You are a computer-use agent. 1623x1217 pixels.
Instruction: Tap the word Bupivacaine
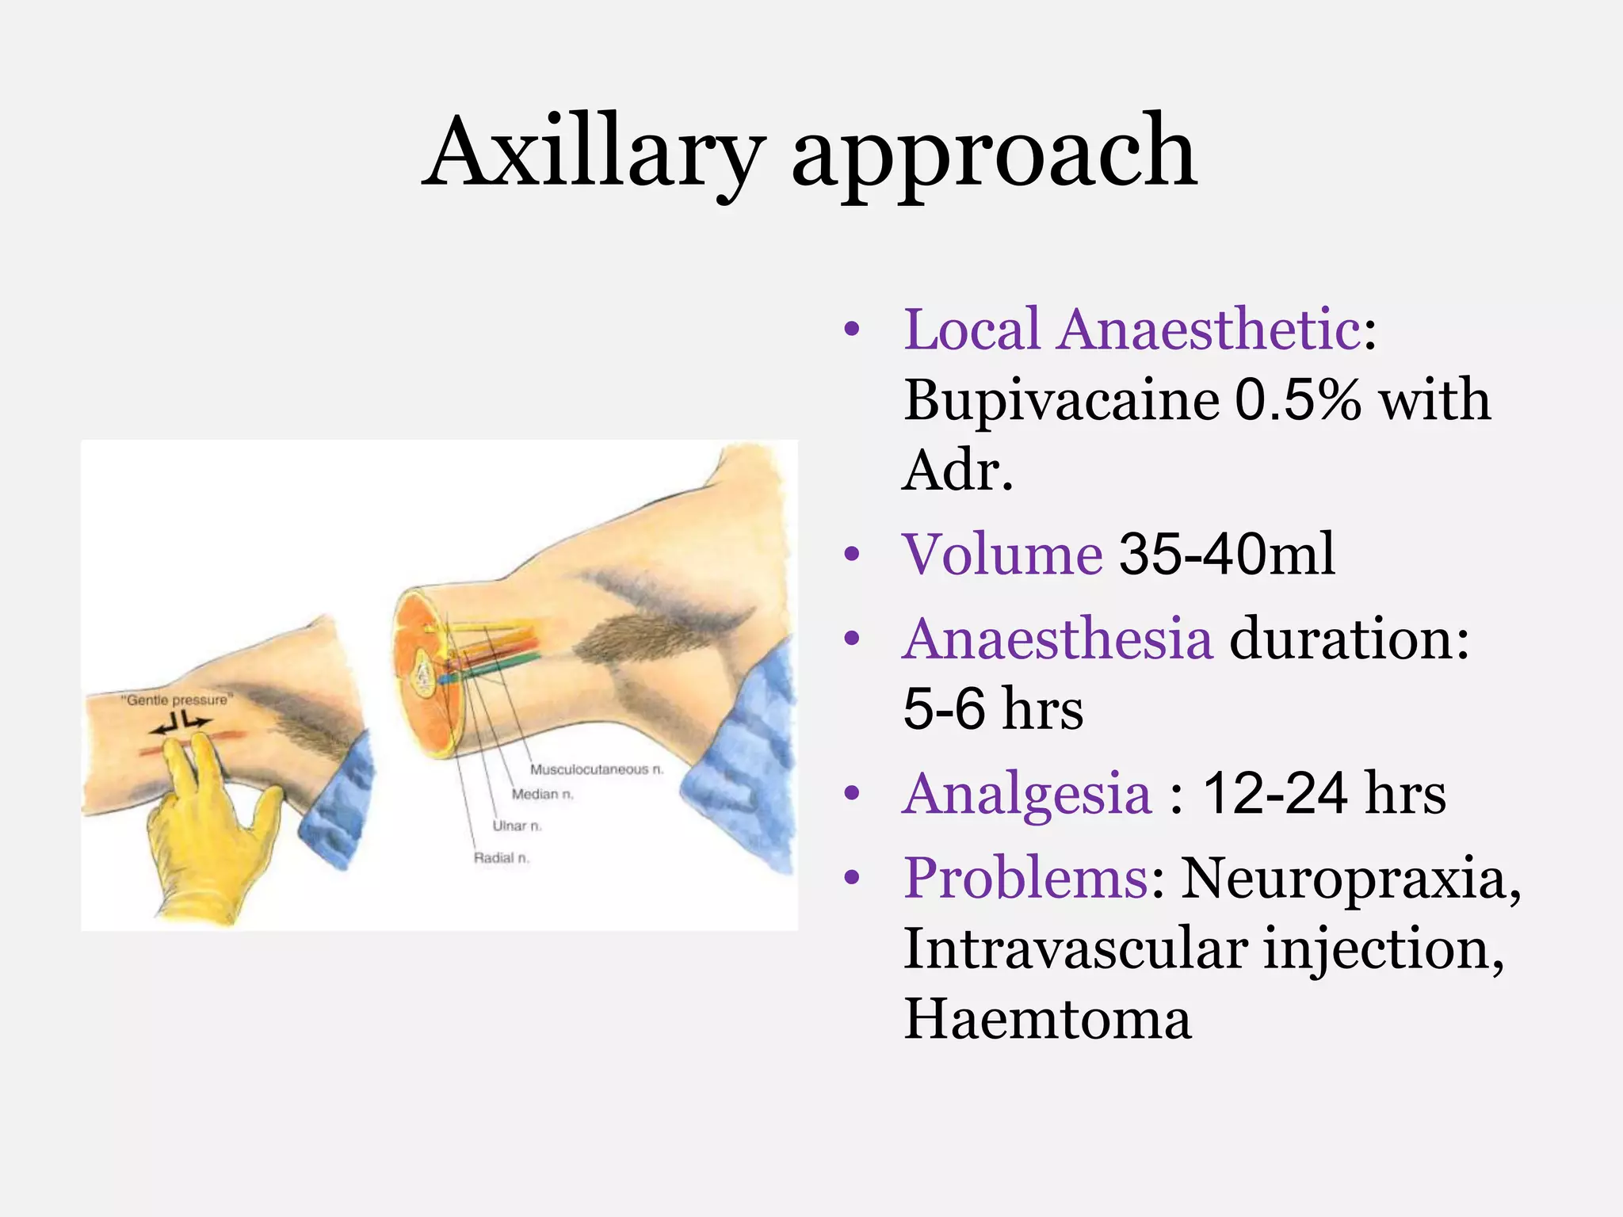point(1061,400)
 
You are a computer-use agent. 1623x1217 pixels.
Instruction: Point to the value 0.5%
point(1297,400)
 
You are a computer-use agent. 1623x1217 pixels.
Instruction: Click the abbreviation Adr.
point(957,471)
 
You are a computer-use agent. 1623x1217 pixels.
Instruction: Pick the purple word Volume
point(1002,554)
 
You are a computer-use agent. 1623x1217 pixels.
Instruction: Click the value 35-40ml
point(1226,554)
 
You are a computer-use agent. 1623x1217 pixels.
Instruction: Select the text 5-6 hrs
point(992,708)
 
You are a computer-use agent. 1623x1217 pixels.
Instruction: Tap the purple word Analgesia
point(1026,793)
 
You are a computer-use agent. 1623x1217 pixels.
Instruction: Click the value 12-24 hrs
point(1323,793)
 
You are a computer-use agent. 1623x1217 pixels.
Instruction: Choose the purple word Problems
point(1025,878)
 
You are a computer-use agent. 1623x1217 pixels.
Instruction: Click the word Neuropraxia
point(1350,878)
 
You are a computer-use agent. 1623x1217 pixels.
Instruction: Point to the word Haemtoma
point(1047,1019)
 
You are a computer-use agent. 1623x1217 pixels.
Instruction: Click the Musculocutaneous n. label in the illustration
point(596,769)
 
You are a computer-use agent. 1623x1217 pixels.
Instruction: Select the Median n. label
point(542,794)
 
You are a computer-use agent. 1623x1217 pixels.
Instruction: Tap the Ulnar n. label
point(517,826)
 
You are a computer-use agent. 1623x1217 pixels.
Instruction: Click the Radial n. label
point(501,858)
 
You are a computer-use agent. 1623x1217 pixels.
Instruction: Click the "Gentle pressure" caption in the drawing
point(178,700)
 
